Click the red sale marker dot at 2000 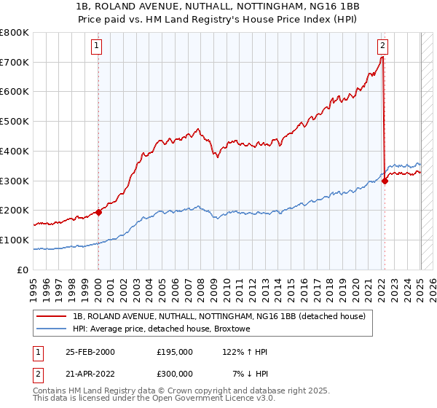[98, 212]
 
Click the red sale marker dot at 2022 [385, 181]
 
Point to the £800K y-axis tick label [15, 33]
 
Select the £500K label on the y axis [15, 122]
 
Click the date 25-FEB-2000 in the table [90, 352]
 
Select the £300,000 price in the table [175, 374]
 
